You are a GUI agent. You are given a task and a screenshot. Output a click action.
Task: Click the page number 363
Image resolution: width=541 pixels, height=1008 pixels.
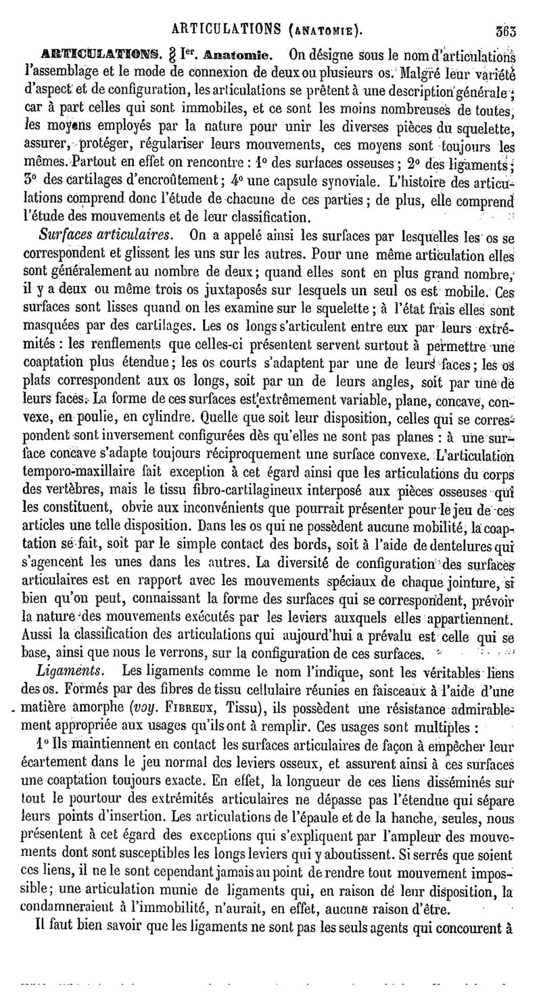504,29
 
